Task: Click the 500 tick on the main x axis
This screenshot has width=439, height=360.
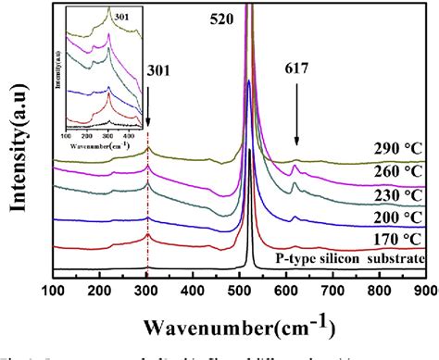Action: click(x=240, y=292)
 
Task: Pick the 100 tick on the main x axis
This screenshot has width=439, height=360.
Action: click(x=55, y=292)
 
